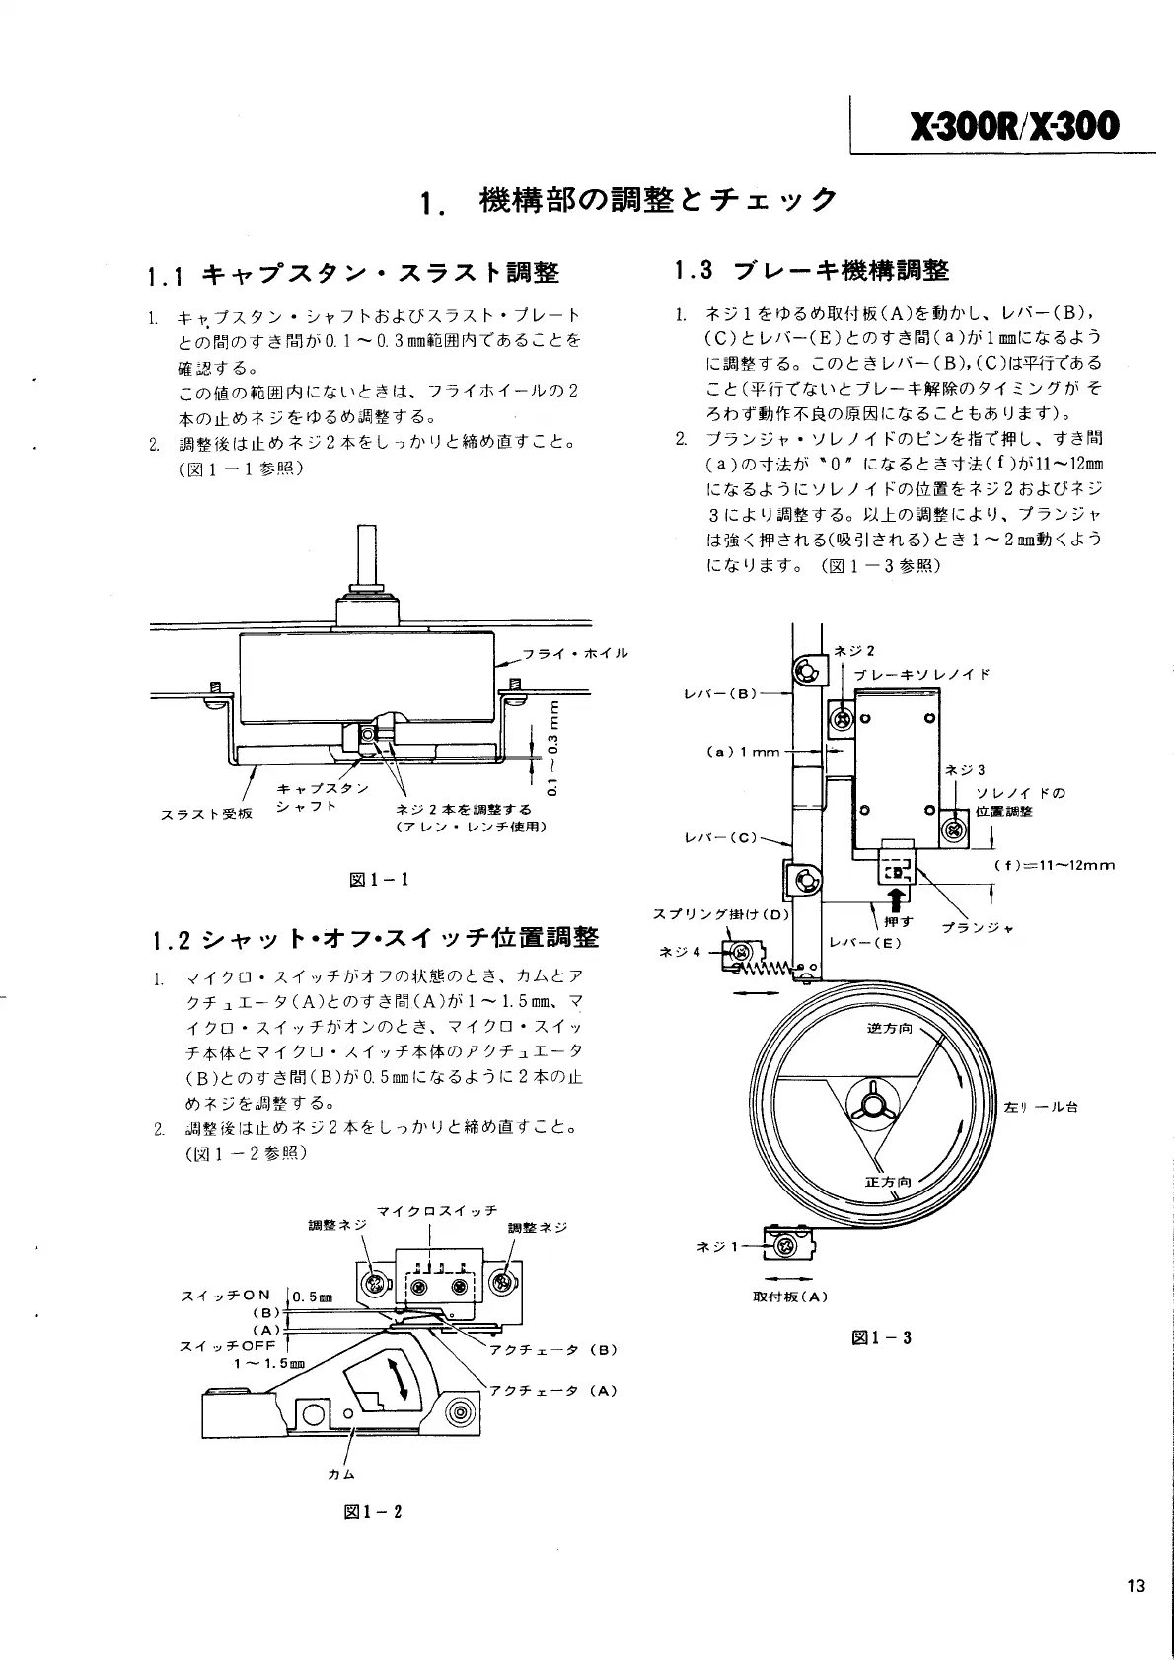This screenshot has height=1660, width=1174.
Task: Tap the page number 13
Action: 1136,1586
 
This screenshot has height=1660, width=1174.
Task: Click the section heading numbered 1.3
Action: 811,270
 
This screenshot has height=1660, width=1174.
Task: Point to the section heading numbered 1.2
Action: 375,937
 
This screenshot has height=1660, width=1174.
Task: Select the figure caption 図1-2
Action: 372,1511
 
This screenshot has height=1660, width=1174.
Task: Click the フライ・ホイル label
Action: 575,653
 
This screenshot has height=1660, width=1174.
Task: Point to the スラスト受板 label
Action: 206,814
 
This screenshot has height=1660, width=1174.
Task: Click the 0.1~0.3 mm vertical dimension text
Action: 552,747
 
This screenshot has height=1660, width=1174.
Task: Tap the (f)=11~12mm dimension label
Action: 1054,866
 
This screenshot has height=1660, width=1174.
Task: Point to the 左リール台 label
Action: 1040,1106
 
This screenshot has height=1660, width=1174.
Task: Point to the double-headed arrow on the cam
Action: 400,1378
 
